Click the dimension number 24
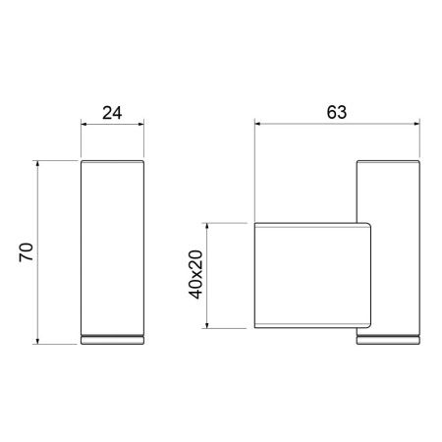point(112,113)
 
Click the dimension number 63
point(337,112)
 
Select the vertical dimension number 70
point(27,252)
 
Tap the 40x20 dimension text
point(195,274)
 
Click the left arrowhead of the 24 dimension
point(84,124)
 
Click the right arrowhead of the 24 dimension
point(140,124)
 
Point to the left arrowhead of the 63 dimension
point(257,124)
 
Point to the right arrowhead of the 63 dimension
point(416,124)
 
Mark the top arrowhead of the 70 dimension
point(37,164)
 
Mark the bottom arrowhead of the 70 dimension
point(37,341)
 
